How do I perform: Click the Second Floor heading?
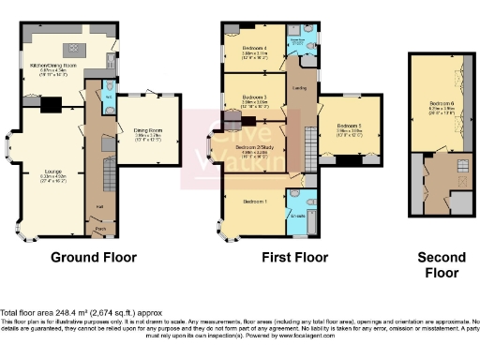pyautogui.click(x=441, y=265)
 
